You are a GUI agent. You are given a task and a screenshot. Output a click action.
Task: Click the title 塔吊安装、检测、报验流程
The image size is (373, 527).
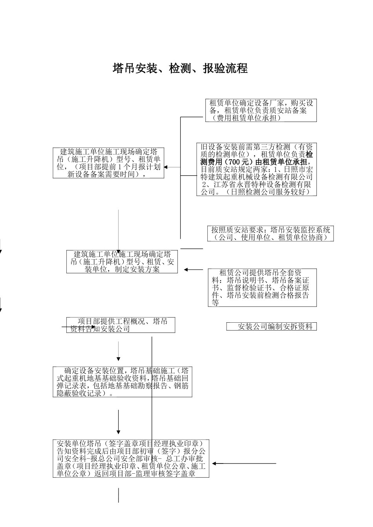coord(180,68)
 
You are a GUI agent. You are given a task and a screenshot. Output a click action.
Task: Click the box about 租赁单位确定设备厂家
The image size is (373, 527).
coord(261,110)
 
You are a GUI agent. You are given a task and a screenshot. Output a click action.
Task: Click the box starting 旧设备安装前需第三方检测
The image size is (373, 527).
coord(256,169)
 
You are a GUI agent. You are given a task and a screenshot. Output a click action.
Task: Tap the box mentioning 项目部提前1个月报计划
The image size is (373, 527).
coord(108,163)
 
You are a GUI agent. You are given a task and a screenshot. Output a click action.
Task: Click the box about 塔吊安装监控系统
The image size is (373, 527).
coord(271,233)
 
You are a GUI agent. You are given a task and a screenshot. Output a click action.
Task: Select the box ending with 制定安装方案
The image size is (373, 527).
coord(122,262)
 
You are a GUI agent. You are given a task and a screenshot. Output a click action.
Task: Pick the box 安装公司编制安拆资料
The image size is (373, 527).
coord(271,326)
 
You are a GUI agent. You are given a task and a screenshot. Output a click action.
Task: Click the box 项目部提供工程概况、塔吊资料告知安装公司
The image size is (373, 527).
coord(121,325)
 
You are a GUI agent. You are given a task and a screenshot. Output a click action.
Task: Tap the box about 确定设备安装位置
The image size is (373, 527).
coord(123,382)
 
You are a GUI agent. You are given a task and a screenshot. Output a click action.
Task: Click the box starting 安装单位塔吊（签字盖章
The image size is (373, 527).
coord(131,458)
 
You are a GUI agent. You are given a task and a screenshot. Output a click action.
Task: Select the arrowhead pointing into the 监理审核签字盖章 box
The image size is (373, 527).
coord(214,463)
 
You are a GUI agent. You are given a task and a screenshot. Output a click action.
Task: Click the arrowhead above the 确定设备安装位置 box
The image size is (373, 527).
coord(119,358)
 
